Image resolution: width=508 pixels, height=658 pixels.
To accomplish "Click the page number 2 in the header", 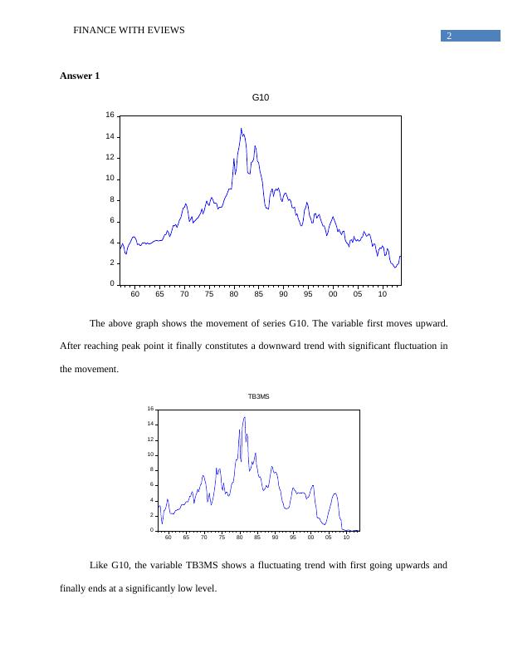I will tap(448, 36).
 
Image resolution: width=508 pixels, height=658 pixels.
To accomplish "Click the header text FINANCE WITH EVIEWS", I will tap(129, 30).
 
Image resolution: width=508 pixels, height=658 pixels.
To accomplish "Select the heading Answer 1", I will tap(80, 76).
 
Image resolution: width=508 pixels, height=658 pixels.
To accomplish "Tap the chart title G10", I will tap(260, 98).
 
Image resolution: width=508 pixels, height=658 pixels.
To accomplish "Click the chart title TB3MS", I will tap(258, 397).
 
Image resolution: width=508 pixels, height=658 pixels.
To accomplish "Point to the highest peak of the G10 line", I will tap(241, 129).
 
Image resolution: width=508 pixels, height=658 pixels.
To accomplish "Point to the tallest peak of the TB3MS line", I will tap(244, 418).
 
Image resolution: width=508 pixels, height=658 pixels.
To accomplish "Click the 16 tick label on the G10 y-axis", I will tap(110, 115).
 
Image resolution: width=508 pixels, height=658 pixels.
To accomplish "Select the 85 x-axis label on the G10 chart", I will tap(258, 294).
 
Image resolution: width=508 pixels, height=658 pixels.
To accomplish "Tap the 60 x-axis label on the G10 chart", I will tap(135, 294).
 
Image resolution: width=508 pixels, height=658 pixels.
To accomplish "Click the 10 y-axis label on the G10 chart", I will tap(110, 179).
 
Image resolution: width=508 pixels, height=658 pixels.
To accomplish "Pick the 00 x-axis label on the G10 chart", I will tap(332, 294).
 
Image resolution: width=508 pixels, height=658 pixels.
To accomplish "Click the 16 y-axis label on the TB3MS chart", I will tap(150, 409).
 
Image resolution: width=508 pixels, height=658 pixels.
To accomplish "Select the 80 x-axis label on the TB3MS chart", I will tap(239, 538).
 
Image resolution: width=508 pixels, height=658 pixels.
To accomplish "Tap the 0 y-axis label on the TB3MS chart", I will tap(152, 530).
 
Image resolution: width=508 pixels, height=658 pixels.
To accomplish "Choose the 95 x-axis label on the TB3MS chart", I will tap(292, 538).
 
